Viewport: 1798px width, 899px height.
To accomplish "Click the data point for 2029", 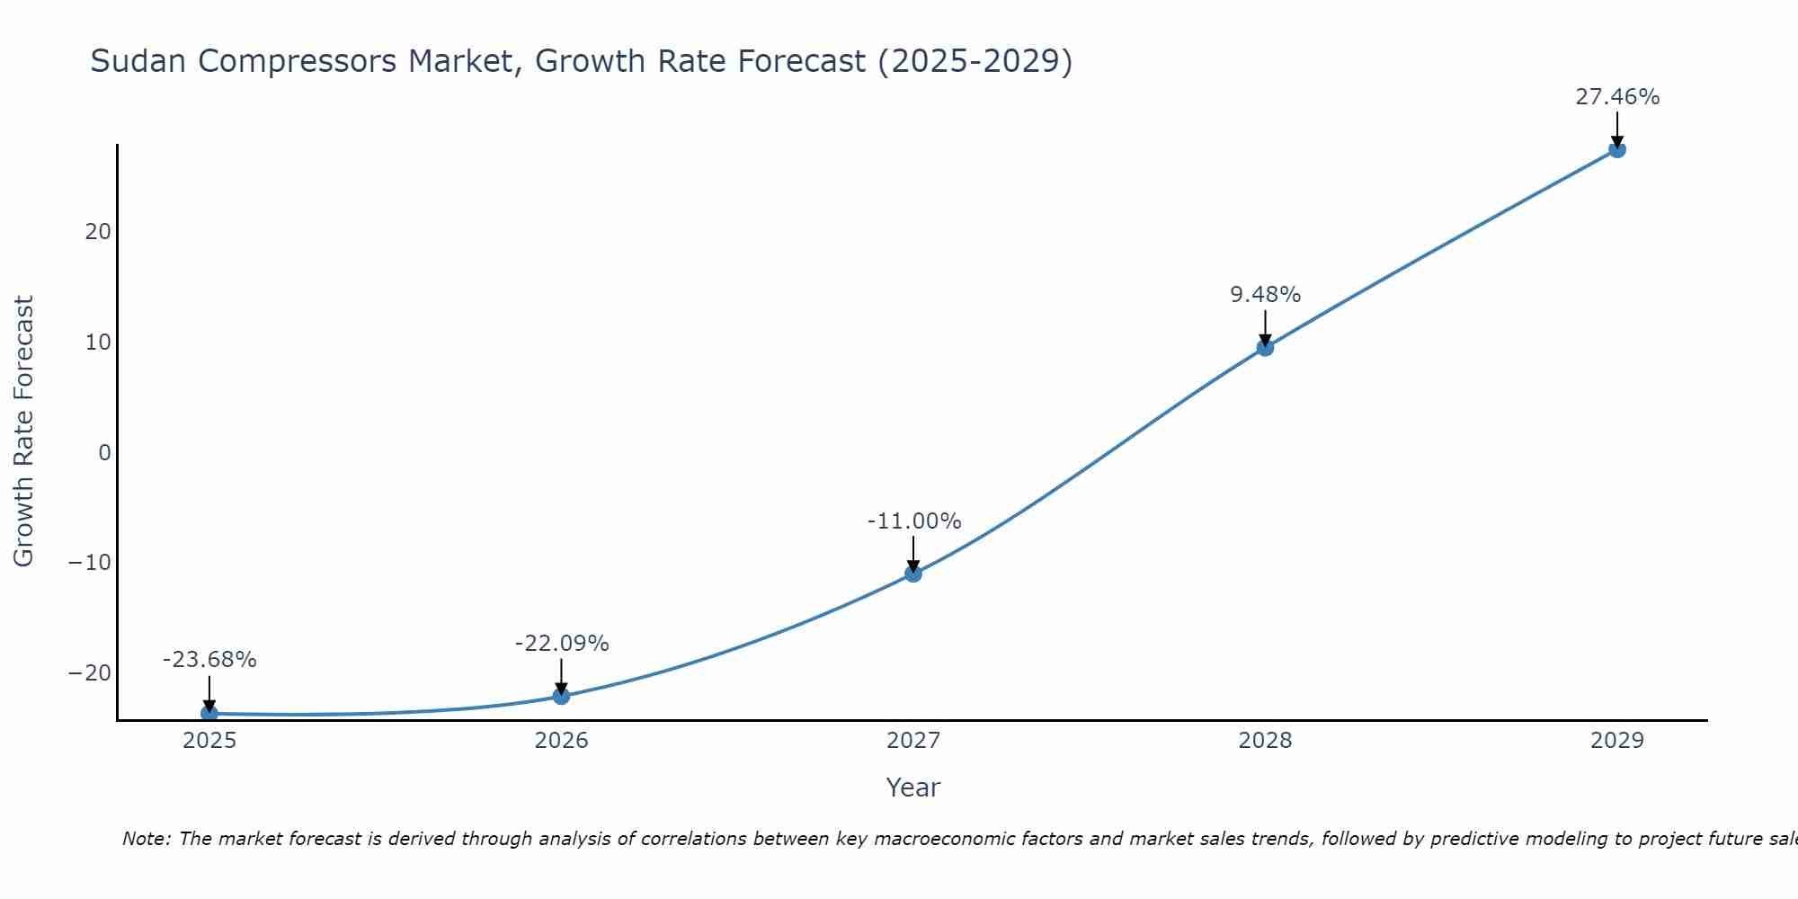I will point(1616,149).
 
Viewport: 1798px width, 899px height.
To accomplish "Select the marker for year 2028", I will point(1265,347).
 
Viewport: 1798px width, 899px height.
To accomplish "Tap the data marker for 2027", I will point(913,573).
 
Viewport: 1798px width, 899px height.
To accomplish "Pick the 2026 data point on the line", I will point(561,695).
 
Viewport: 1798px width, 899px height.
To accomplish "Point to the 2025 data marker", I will point(209,713).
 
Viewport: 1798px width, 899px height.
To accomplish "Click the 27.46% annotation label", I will point(1616,97).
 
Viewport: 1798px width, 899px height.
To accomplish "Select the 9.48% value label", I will point(1265,295).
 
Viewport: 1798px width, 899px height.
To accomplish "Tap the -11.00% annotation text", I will point(913,521).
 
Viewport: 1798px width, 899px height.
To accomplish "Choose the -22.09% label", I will point(561,644).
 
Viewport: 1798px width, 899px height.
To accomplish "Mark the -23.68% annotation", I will point(209,660).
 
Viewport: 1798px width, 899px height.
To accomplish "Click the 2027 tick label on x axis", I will point(913,741).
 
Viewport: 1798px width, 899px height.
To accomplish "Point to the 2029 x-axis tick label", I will point(1616,741).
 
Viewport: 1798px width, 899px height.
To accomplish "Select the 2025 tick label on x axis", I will point(209,741).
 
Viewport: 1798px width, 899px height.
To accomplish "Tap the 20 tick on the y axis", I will point(98,232).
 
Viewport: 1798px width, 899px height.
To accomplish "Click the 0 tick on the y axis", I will point(104,452).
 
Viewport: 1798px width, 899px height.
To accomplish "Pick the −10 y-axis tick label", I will point(90,563).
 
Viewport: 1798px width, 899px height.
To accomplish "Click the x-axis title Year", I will point(912,788).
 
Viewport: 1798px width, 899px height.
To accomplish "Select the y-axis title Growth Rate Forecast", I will point(24,432).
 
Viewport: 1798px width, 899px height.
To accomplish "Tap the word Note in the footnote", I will point(145,839).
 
